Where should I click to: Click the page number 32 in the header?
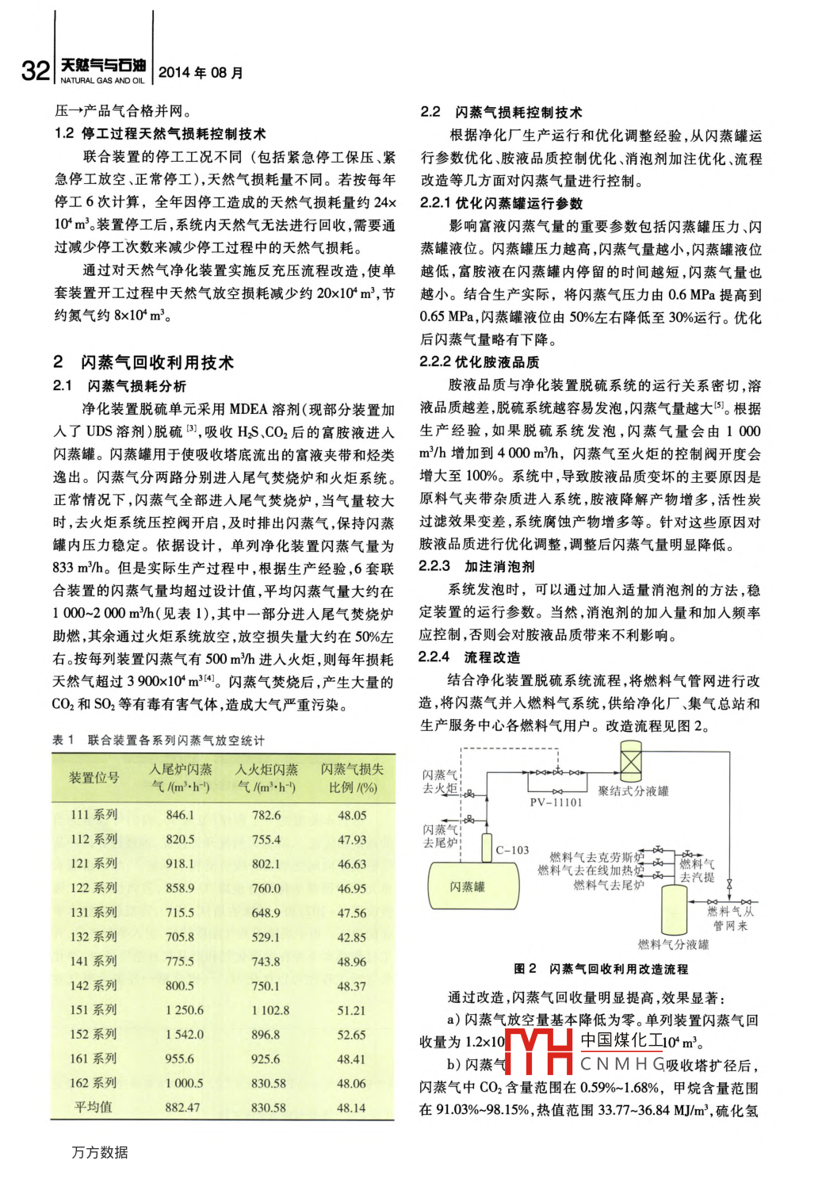pos(36,71)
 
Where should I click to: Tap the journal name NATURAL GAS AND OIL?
pos(102,81)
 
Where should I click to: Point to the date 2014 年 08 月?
pos(201,73)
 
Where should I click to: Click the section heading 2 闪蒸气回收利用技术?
pos(143,362)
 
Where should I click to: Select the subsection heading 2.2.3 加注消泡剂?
pos(476,566)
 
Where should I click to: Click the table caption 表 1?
pos(63,740)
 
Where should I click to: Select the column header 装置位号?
pos(94,778)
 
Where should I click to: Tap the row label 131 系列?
pos(94,913)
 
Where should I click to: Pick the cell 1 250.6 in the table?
pos(184,1010)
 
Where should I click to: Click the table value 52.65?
pos(351,1035)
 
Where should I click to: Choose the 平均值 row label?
pos(94,1107)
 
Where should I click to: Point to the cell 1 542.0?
pos(184,1035)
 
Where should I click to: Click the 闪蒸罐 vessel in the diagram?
pos(467,886)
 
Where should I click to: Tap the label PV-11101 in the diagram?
pos(556,802)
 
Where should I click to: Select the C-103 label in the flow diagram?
pos(512,850)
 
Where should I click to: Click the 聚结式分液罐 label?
pos(633,790)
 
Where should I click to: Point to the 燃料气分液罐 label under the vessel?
pos(673,944)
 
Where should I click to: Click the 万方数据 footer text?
pos(100,1152)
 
